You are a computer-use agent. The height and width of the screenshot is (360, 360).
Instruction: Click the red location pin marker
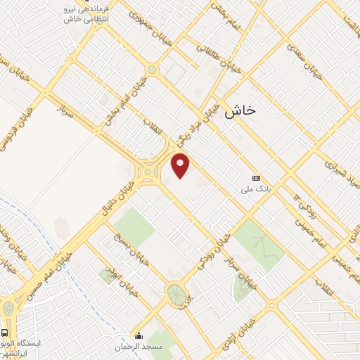pos(181,166)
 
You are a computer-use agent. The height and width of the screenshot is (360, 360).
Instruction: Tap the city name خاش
pos(240,110)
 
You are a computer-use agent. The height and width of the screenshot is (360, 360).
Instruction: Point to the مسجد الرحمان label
pos(139,347)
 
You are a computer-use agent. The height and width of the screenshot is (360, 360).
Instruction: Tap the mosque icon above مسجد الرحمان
pos(139,336)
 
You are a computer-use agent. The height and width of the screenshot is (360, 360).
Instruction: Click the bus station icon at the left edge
pos(5,332)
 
